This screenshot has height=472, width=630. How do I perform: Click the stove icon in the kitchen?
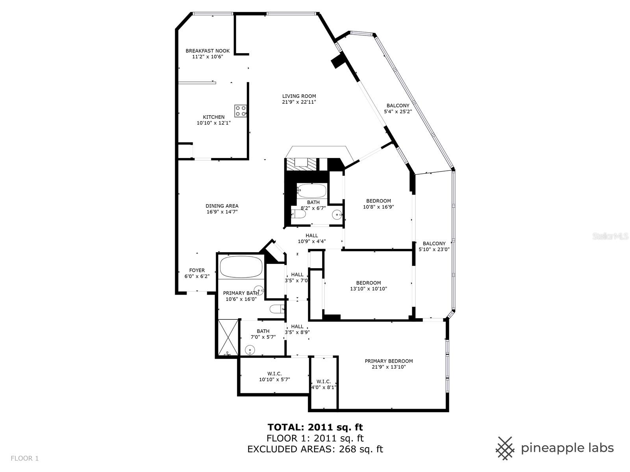click(x=240, y=111)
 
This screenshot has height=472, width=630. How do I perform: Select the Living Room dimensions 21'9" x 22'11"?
click(x=299, y=102)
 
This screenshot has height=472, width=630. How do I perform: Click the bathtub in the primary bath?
click(x=241, y=267)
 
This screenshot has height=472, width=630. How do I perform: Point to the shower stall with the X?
click(x=228, y=337)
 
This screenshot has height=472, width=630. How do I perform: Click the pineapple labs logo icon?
click(x=506, y=448)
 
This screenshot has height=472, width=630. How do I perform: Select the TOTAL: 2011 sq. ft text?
click(x=315, y=427)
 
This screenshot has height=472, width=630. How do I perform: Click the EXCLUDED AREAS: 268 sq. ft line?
click(x=315, y=449)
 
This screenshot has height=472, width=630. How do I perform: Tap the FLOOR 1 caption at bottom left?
click(x=25, y=458)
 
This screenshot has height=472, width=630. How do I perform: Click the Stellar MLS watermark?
click(x=610, y=236)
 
